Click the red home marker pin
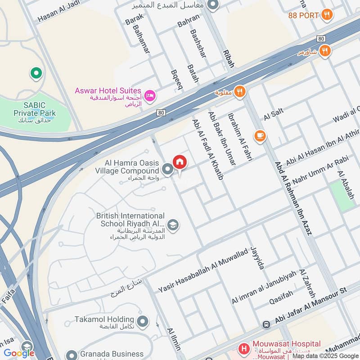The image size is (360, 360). tap(179, 162)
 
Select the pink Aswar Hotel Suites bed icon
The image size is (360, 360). tap(150, 95)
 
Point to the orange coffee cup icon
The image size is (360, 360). tap(260, 135)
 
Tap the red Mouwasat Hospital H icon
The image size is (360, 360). tap(243, 348)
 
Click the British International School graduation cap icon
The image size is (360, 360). tap(172, 224)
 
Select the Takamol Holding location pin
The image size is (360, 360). tap(143, 321)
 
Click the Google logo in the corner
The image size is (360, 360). tap(19, 353)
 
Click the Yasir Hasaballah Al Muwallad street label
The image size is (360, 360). tap(203, 271)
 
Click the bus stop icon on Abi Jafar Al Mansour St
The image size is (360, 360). tap(266, 324)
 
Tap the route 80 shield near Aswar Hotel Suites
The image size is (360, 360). tap(161, 112)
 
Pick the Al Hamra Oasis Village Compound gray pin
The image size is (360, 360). tap(167, 170)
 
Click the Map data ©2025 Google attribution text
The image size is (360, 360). tap(325, 356)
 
